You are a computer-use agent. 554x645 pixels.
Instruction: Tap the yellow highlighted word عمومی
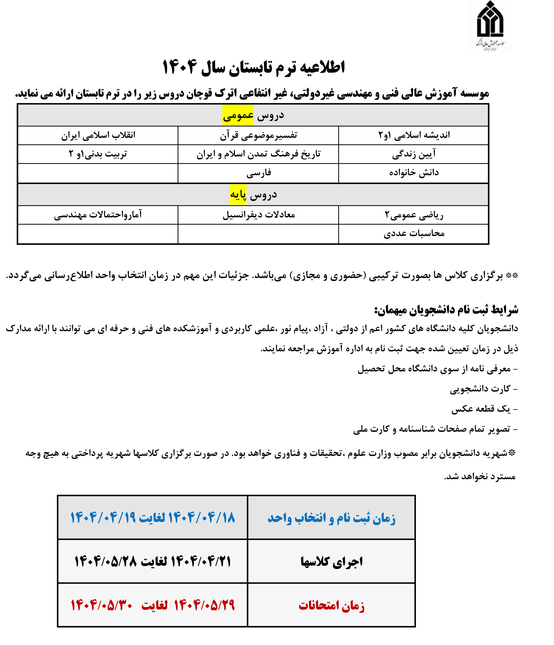[238, 115]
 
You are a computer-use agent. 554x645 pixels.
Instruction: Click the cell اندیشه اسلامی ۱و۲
[414, 135]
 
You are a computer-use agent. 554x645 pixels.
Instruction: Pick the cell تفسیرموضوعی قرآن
[258, 135]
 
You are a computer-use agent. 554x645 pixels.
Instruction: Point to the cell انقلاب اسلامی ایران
[98, 135]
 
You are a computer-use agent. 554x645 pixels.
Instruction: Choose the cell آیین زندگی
[414, 154]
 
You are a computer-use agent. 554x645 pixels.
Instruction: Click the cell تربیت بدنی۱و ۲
[98, 154]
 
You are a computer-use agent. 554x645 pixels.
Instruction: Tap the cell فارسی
[258, 173]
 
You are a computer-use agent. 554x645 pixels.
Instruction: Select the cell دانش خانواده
[414, 173]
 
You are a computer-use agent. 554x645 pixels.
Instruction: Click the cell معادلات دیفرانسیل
[258, 215]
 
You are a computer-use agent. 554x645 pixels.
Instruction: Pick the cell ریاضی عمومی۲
[414, 215]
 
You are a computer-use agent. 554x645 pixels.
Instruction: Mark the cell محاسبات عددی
[414, 233]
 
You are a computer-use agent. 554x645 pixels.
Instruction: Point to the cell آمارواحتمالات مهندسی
[98, 215]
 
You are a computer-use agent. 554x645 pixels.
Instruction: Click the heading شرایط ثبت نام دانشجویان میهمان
[446, 310]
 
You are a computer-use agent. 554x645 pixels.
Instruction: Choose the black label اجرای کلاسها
[331, 562]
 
